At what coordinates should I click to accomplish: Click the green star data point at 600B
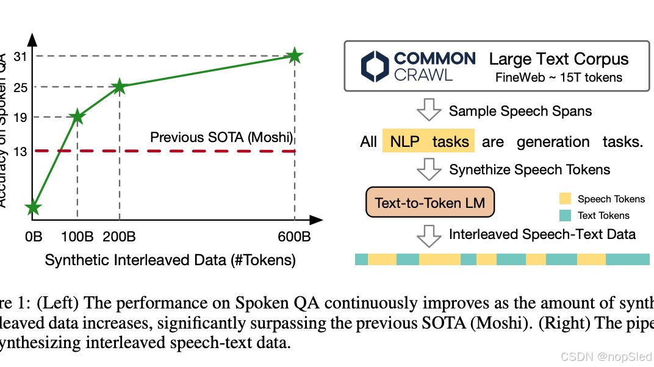pos(295,56)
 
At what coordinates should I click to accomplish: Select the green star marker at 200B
pos(120,87)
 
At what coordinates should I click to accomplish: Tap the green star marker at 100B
pos(77,116)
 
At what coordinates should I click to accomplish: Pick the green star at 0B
pos(34,208)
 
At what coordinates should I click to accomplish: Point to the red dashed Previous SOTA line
pos(183,151)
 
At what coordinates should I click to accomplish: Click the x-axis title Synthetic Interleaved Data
pos(170,260)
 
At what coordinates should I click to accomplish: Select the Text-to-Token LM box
pos(430,203)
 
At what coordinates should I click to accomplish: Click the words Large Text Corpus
pos(559,59)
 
